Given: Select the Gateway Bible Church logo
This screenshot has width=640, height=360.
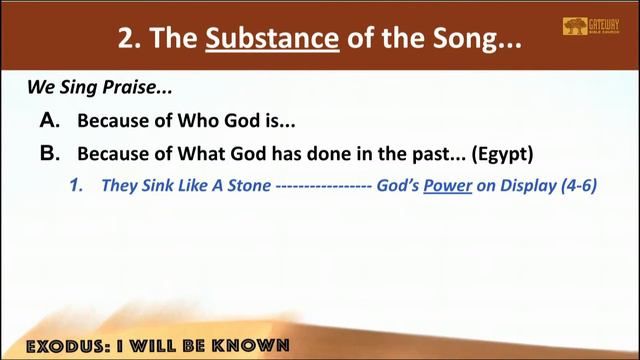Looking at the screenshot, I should (x=589, y=27).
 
